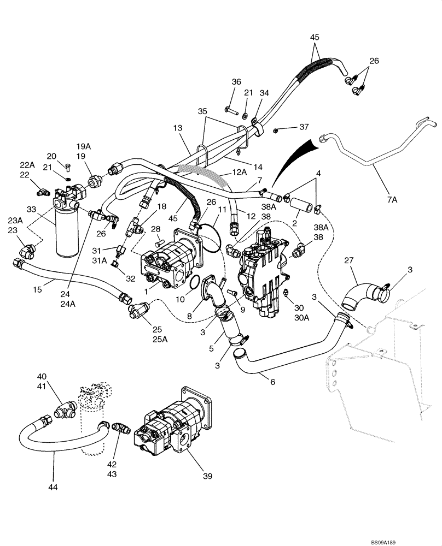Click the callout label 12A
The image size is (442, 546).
click(x=239, y=172)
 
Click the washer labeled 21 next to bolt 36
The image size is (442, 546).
click(x=245, y=116)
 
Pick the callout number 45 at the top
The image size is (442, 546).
click(x=315, y=38)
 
